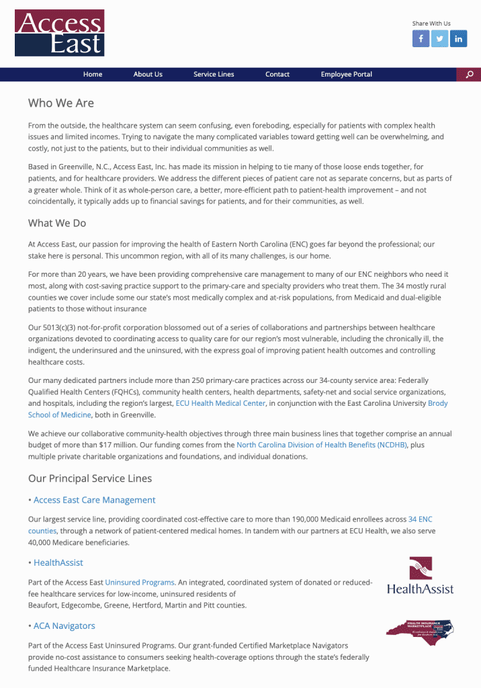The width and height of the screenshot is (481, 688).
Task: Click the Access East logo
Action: pyautogui.click(x=59, y=33)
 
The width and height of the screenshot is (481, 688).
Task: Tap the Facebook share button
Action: pyautogui.click(x=421, y=39)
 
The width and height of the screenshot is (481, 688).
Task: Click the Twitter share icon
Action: pyautogui.click(x=439, y=39)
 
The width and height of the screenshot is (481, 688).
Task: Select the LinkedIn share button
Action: pyautogui.click(x=459, y=39)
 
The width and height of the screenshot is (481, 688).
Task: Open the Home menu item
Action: pyautogui.click(x=93, y=75)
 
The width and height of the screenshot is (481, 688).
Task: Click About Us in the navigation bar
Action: pyautogui.click(x=148, y=75)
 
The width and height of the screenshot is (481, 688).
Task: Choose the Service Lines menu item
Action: pyautogui.click(x=214, y=75)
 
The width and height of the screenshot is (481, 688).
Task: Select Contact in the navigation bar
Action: pyautogui.click(x=277, y=75)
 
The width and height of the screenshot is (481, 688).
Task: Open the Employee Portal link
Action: pyautogui.click(x=346, y=75)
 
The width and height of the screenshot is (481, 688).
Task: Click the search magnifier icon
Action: pyautogui.click(x=470, y=75)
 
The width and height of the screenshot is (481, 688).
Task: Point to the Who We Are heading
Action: pyautogui.click(x=61, y=103)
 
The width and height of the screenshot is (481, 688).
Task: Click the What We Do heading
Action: pyautogui.click(x=57, y=223)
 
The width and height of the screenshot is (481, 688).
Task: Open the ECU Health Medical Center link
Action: pyautogui.click(x=220, y=403)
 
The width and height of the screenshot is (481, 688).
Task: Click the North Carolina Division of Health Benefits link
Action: pyautogui.click(x=321, y=445)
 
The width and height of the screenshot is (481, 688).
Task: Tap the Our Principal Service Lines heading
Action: pyautogui.click(x=90, y=478)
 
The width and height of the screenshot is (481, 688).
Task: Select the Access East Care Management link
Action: pyautogui.click(x=94, y=500)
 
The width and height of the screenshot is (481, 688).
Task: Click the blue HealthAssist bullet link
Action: pyautogui.click(x=58, y=562)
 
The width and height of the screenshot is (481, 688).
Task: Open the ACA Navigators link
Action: pyautogui.click(x=64, y=626)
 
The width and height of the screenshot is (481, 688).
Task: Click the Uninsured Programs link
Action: pyautogui.click(x=140, y=583)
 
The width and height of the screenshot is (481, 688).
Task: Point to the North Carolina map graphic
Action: pyautogui.click(x=420, y=632)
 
